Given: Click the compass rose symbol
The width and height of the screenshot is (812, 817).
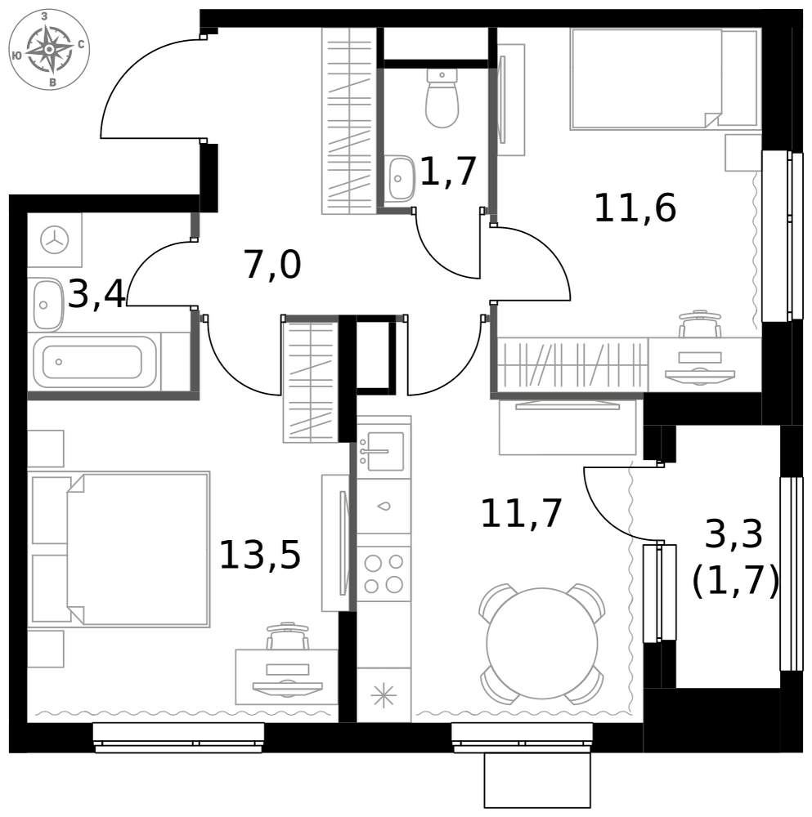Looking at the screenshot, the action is (49, 50).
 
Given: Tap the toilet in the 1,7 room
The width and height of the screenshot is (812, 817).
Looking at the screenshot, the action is (442, 99).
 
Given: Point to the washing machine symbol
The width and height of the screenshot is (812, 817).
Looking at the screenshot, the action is (55, 241).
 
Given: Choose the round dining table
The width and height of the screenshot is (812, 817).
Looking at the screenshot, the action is (542, 644).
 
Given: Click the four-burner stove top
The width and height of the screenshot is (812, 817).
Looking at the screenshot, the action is (384, 574).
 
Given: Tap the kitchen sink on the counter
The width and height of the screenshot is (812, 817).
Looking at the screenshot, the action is (384, 451).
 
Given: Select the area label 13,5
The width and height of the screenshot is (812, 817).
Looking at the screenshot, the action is (260, 555).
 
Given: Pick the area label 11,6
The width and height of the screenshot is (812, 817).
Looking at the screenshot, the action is (635, 208).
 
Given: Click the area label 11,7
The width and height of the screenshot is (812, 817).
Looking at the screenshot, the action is (521, 513).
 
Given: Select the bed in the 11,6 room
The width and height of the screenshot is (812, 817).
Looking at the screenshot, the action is (664, 78).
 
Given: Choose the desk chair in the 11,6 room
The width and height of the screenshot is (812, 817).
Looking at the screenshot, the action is (700, 324).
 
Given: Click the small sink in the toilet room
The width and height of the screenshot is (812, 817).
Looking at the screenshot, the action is (400, 177).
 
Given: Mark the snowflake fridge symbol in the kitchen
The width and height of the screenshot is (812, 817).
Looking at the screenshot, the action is (384, 695).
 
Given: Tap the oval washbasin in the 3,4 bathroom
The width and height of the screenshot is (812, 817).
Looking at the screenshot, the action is (47, 305).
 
